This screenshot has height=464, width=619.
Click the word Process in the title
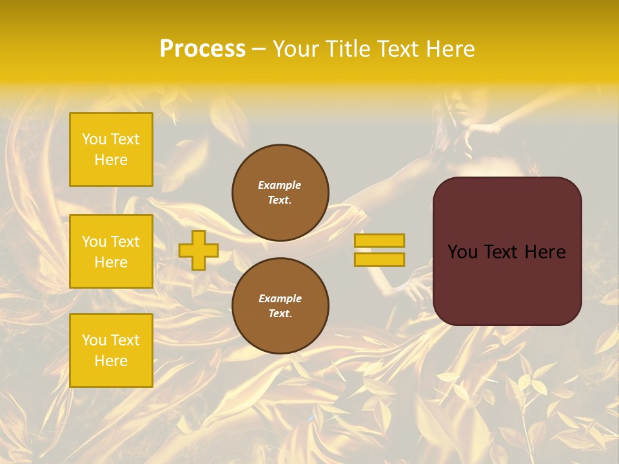click(202, 49)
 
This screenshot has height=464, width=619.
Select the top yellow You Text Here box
click(111, 150)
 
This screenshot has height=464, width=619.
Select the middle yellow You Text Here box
click(111, 251)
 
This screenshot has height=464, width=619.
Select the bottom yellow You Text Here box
click(111, 351)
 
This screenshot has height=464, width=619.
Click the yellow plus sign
click(199, 250)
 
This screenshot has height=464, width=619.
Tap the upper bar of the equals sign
click(379, 240)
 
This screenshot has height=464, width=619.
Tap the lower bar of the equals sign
click(379, 259)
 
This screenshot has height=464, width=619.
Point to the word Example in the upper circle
click(280, 185)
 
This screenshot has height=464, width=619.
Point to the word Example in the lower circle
click(280, 298)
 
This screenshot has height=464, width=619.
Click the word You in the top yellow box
click(94, 139)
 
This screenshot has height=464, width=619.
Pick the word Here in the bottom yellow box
click(111, 361)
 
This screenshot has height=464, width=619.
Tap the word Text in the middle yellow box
click(125, 242)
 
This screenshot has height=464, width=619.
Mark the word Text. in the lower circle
click(280, 313)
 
